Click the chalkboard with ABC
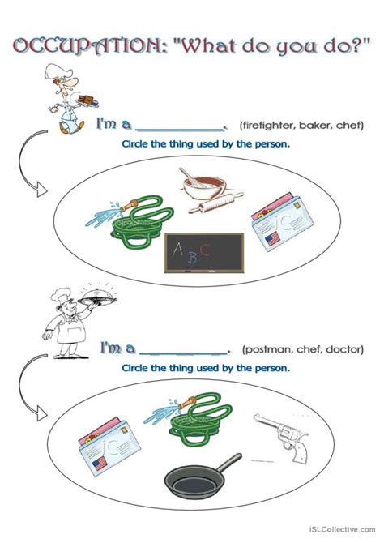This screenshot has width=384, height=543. [x=204, y=253]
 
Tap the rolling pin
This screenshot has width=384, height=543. [x=216, y=203]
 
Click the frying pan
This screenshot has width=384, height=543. [x=203, y=476]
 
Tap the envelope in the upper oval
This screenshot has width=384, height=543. [x=282, y=220]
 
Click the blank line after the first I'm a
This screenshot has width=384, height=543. [x=180, y=130]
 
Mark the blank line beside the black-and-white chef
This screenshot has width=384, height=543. [x=184, y=353]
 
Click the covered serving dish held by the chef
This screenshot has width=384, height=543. [x=98, y=297]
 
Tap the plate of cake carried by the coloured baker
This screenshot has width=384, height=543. [x=87, y=100]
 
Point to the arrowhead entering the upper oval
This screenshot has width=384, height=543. [x=41, y=190]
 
